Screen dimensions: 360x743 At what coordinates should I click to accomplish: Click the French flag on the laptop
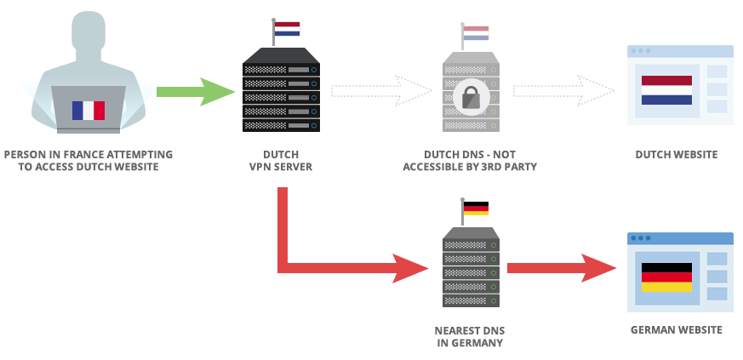point(89,110)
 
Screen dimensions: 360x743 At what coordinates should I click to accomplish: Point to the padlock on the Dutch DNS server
point(470,97)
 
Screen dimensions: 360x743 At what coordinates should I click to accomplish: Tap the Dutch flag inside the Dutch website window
point(666,89)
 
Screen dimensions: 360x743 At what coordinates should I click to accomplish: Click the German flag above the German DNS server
point(476,209)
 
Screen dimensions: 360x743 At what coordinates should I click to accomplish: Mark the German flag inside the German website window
point(666,277)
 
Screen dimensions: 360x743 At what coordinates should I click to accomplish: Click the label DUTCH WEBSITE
point(677,155)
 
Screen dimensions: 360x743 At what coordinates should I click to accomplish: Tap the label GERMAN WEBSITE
point(677,330)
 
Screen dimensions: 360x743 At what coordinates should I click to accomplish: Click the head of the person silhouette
point(89,38)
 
